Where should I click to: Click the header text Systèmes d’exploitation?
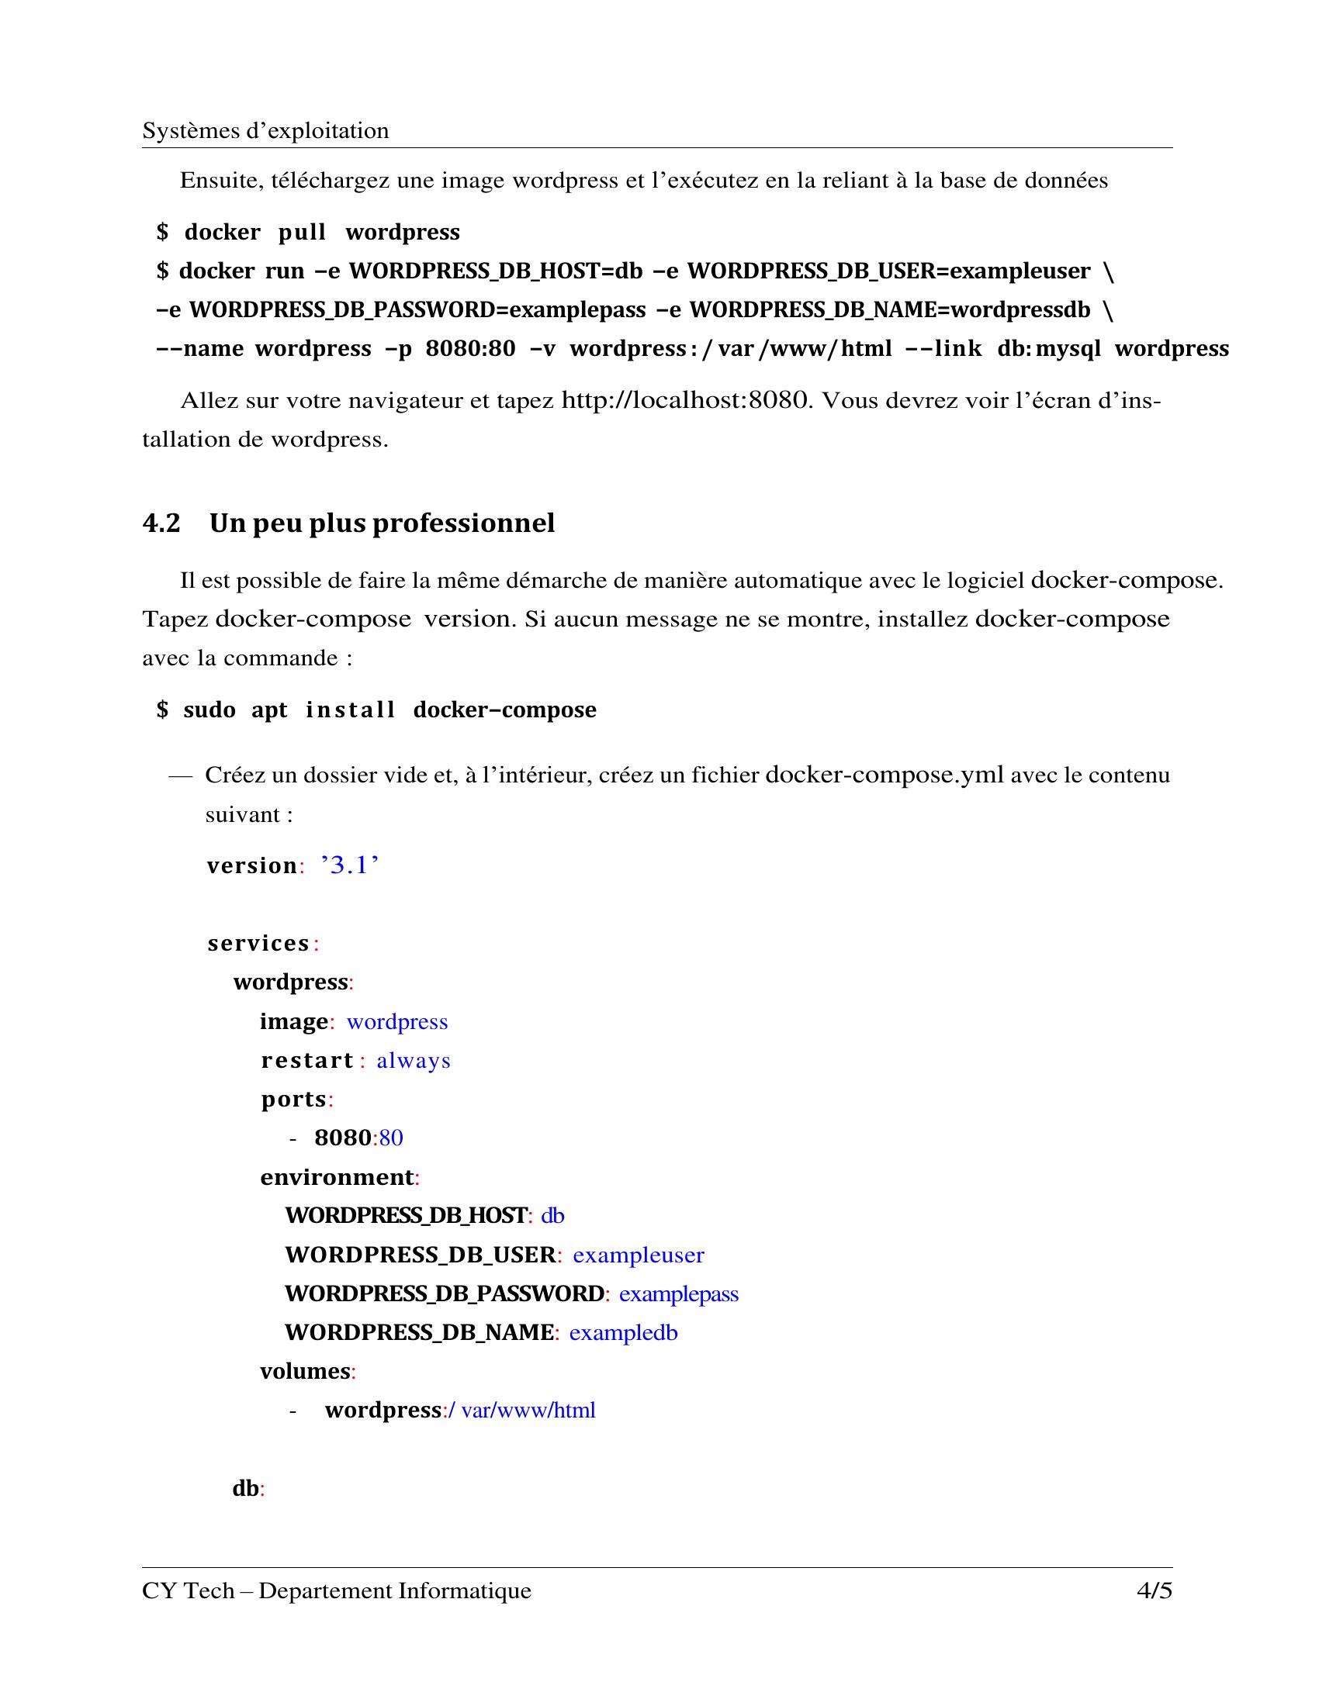click(265, 130)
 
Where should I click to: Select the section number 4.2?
click(161, 523)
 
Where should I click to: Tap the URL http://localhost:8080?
click(684, 401)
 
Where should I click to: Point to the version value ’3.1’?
click(349, 865)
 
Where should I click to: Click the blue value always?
click(414, 1061)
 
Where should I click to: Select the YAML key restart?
click(307, 1061)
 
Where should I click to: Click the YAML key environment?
click(337, 1177)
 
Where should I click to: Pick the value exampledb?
click(623, 1332)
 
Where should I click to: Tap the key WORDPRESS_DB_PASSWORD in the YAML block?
click(444, 1293)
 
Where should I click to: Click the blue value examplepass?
click(678, 1294)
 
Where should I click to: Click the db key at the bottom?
click(245, 1489)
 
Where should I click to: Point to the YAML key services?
click(258, 944)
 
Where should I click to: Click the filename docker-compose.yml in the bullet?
click(885, 775)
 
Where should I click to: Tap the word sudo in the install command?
click(209, 710)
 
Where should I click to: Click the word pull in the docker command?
click(302, 233)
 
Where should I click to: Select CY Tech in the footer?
click(188, 1591)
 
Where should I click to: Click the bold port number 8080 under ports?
click(342, 1138)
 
